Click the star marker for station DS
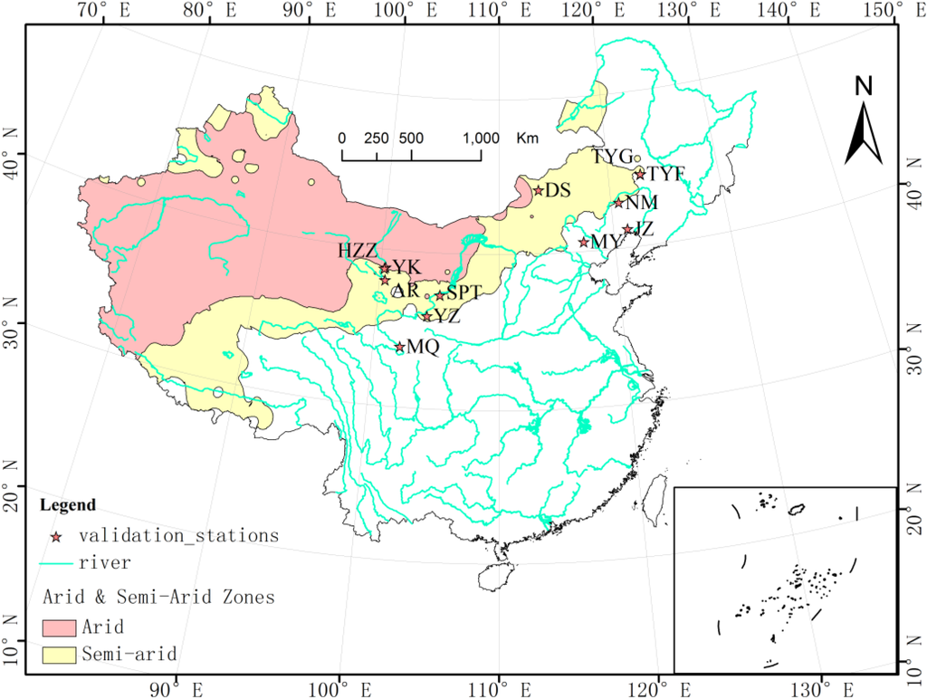[x=538, y=190]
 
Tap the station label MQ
[x=424, y=347]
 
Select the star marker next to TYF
[x=640, y=174]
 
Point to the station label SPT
[x=463, y=293]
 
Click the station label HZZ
[x=358, y=251]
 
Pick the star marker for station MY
[x=584, y=242]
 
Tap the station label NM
[x=641, y=202]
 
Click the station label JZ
[x=643, y=229]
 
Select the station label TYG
[x=612, y=157]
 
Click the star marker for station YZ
[x=427, y=316]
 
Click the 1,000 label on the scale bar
[x=481, y=139]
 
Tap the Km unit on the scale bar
[x=527, y=139]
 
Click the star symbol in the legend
[x=56, y=536]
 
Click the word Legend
[x=66, y=504]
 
